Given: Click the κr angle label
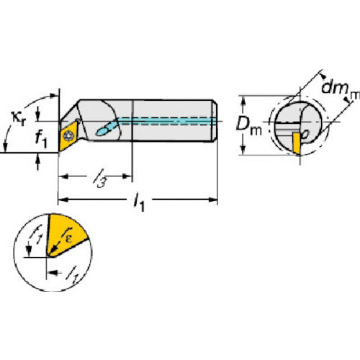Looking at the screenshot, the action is pos(19,119).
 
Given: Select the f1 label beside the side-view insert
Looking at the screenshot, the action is pos(41,140).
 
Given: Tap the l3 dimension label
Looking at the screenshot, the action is pos(99,178).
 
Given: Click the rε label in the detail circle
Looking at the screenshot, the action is pos(67,235).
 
